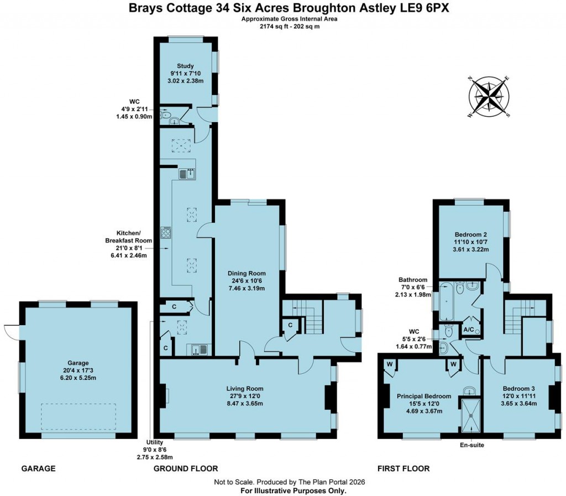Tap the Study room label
coord(185,66)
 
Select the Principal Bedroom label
coord(424,396)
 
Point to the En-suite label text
coord(471,445)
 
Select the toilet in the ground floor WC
coord(165,116)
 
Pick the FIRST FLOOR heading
coord(403,468)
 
